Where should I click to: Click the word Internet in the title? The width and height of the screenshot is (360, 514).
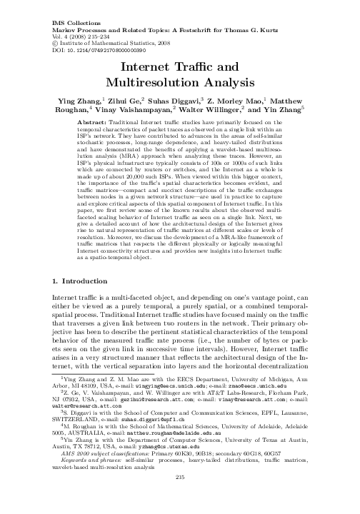point(146,66)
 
